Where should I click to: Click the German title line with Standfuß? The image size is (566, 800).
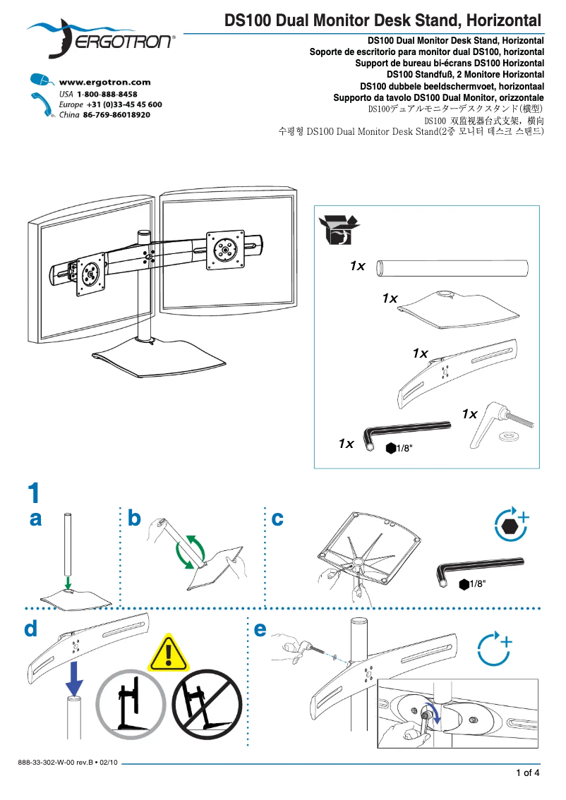[465, 74]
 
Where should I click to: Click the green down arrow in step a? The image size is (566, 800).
[66, 582]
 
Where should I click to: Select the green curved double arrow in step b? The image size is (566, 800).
[191, 551]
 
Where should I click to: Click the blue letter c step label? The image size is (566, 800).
[277, 519]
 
